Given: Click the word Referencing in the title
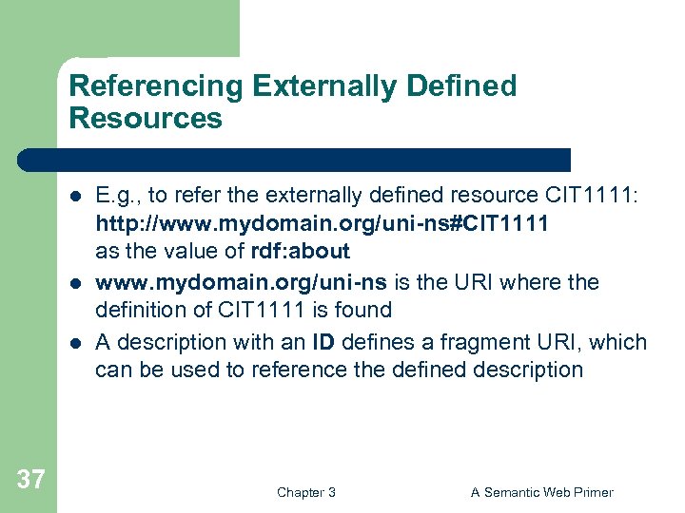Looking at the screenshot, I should tap(157, 86).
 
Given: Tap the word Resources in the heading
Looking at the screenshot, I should tap(146, 119).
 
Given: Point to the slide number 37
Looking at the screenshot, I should tap(30, 479).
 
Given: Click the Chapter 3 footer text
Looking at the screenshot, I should tap(305, 492).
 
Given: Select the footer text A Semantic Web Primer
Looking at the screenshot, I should tap(541, 492).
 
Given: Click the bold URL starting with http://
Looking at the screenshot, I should tap(321, 224).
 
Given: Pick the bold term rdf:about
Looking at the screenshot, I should tap(300, 252).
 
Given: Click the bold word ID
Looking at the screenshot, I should tap(323, 342).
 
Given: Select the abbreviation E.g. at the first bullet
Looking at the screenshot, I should tap(116, 196).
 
